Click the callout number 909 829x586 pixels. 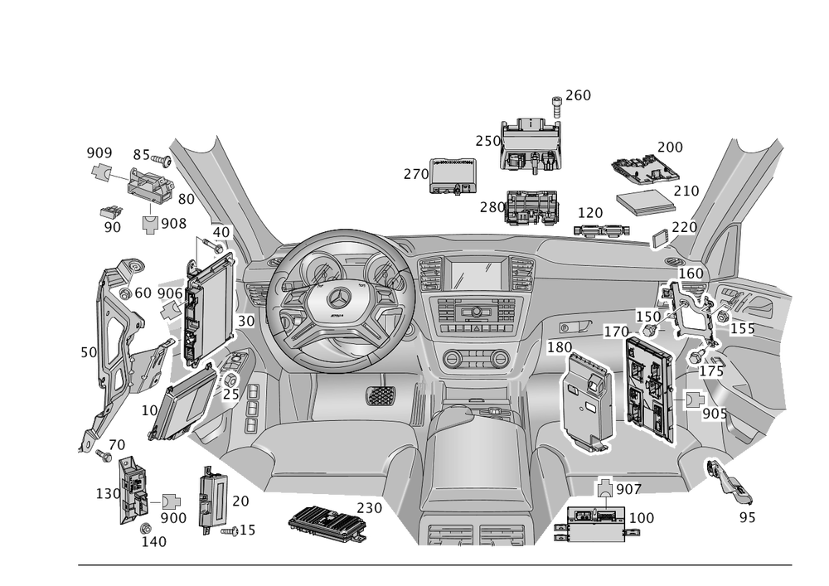(99, 153)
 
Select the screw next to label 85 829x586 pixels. (162, 158)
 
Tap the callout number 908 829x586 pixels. (173, 223)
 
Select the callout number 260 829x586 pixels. (578, 95)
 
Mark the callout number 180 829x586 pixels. (560, 346)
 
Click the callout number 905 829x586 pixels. (713, 413)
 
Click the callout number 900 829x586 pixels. (173, 517)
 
